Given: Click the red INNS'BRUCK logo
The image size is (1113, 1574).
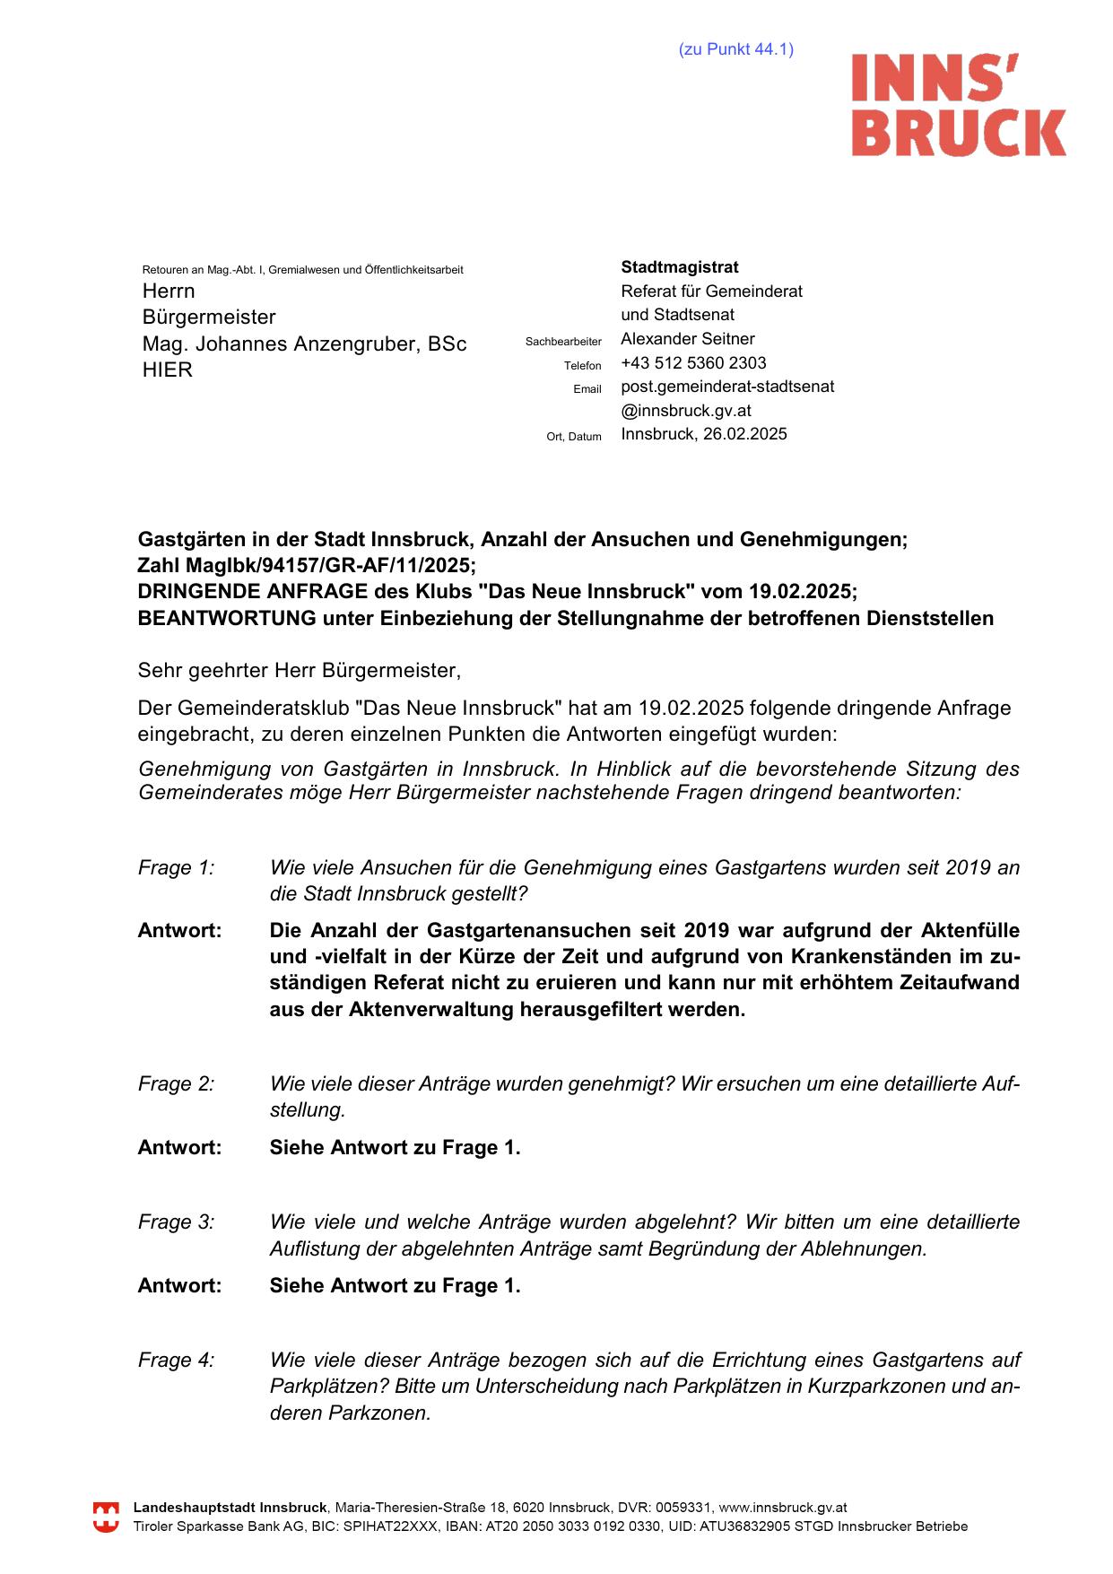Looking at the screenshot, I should click(958, 105).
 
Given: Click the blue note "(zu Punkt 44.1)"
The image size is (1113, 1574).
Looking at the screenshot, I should click(735, 49).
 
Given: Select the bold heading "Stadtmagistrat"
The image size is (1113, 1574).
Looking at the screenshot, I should click(680, 267).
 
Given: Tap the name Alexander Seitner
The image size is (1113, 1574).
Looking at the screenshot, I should click(687, 339).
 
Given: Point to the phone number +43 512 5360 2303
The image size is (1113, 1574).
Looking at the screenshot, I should click(693, 363).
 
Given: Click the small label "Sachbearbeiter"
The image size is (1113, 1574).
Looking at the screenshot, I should click(563, 342).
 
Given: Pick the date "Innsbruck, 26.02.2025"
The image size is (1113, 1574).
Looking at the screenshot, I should click(704, 434).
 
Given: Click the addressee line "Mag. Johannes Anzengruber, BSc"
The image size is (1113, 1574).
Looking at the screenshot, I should click(304, 344).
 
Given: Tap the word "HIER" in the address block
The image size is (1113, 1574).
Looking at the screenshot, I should click(167, 370).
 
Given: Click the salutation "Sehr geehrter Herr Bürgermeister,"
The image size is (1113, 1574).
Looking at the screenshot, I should click(299, 670).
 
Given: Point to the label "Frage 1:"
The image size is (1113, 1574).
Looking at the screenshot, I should click(176, 868).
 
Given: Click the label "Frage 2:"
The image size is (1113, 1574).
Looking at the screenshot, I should click(176, 1084).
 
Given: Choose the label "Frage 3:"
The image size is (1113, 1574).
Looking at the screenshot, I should click(176, 1222).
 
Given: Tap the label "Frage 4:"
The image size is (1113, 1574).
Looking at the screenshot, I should click(176, 1361).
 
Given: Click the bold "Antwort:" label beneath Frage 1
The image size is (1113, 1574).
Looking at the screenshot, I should click(179, 931).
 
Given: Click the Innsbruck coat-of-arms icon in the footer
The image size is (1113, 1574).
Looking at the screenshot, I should click(106, 1517).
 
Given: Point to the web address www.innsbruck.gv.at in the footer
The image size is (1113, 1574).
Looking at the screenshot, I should click(783, 1509).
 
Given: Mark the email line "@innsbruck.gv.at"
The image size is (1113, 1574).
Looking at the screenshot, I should click(686, 411).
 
